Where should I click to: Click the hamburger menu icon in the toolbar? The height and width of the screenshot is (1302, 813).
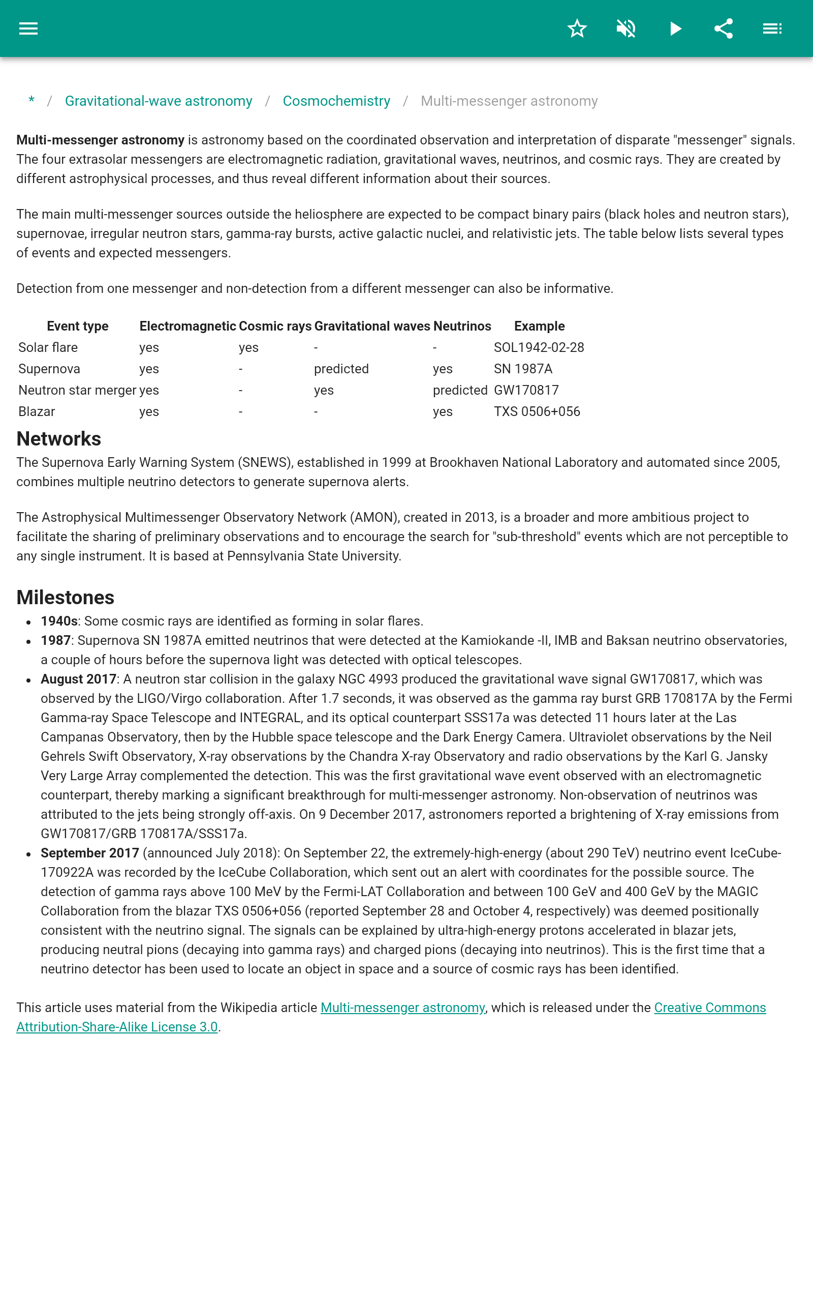tap(28, 28)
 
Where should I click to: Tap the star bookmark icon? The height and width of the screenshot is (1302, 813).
tap(577, 28)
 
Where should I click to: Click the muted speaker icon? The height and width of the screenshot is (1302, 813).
tap(626, 28)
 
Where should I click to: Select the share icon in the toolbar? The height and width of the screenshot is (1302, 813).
tap(723, 28)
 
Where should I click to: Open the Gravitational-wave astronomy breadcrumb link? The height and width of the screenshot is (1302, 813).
tap(159, 101)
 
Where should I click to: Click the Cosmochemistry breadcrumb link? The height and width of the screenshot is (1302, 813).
tap(336, 101)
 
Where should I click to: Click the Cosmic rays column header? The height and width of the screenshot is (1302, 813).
tap(275, 326)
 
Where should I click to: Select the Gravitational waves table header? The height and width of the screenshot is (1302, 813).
tap(372, 326)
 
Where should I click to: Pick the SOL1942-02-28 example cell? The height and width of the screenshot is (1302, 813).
tap(539, 347)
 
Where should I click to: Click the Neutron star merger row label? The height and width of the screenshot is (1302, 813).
tap(77, 390)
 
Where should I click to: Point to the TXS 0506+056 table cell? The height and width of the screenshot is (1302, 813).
tap(537, 411)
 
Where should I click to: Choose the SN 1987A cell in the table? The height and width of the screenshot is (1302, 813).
tap(523, 369)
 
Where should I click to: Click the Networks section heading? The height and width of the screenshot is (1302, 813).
tap(58, 439)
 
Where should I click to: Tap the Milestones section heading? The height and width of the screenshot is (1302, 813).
tap(65, 598)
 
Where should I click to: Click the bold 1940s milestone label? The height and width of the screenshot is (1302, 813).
tap(59, 622)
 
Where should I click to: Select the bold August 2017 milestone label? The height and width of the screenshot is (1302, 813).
tap(78, 679)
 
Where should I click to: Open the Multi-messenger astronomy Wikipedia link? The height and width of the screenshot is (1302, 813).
tap(402, 1008)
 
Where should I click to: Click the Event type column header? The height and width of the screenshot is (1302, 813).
tap(77, 326)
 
